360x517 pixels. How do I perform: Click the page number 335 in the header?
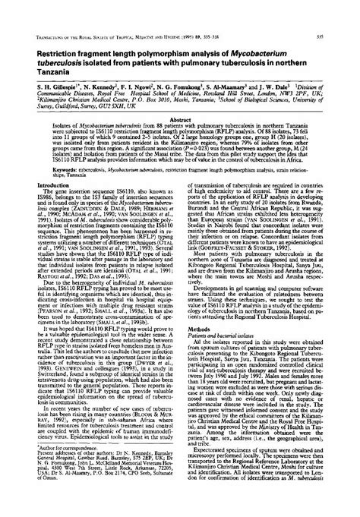[x=344, y=14]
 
